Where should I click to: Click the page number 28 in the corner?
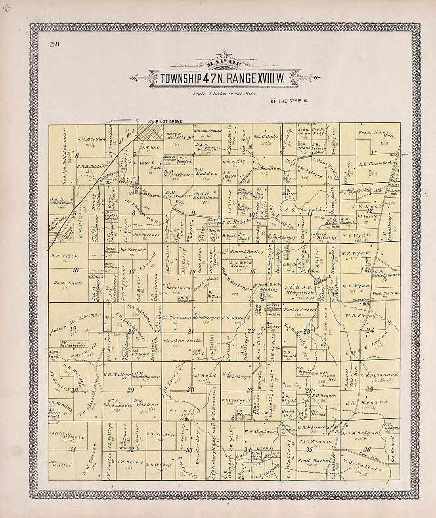coord(54,44)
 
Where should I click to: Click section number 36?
coord(367,449)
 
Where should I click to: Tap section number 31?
coord(73,449)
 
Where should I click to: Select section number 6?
coord(78,156)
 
